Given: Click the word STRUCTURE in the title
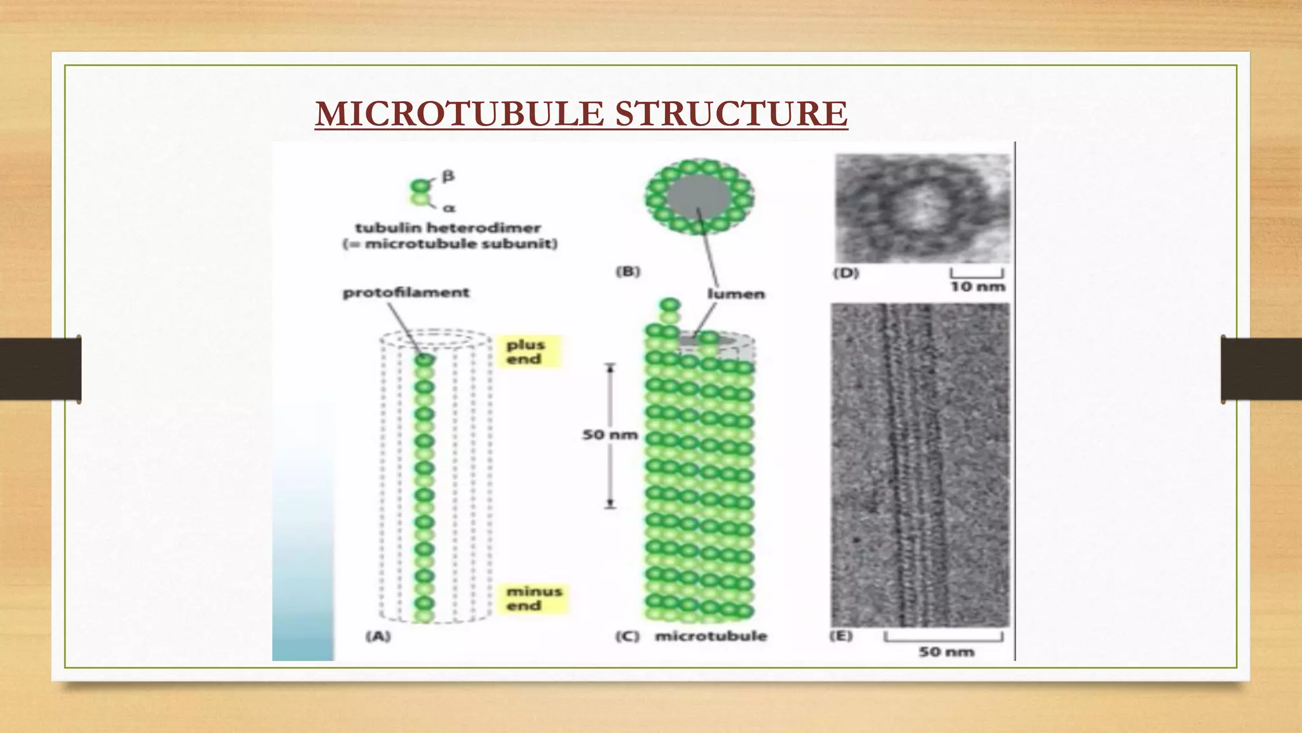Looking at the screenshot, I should coord(731,114).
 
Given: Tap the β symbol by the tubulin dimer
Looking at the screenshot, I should coord(448,176).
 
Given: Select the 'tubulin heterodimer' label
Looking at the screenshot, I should coord(448,228).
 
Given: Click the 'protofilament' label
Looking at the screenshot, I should coord(406,293).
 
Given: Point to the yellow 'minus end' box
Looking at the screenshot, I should coord(533,599).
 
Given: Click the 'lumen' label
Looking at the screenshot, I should coord(736,294).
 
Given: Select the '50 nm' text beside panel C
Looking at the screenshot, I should coord(610,435).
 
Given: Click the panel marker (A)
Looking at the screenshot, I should coord(378,636).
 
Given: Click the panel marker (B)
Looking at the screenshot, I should coord(628,272).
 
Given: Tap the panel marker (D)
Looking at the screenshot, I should coord(846,273).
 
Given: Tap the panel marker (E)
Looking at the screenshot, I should coord(841,636).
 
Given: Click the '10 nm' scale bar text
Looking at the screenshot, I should coord(977,287).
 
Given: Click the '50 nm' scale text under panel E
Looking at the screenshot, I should coord(946,652).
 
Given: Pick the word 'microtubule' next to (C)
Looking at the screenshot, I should coord(711,636).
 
